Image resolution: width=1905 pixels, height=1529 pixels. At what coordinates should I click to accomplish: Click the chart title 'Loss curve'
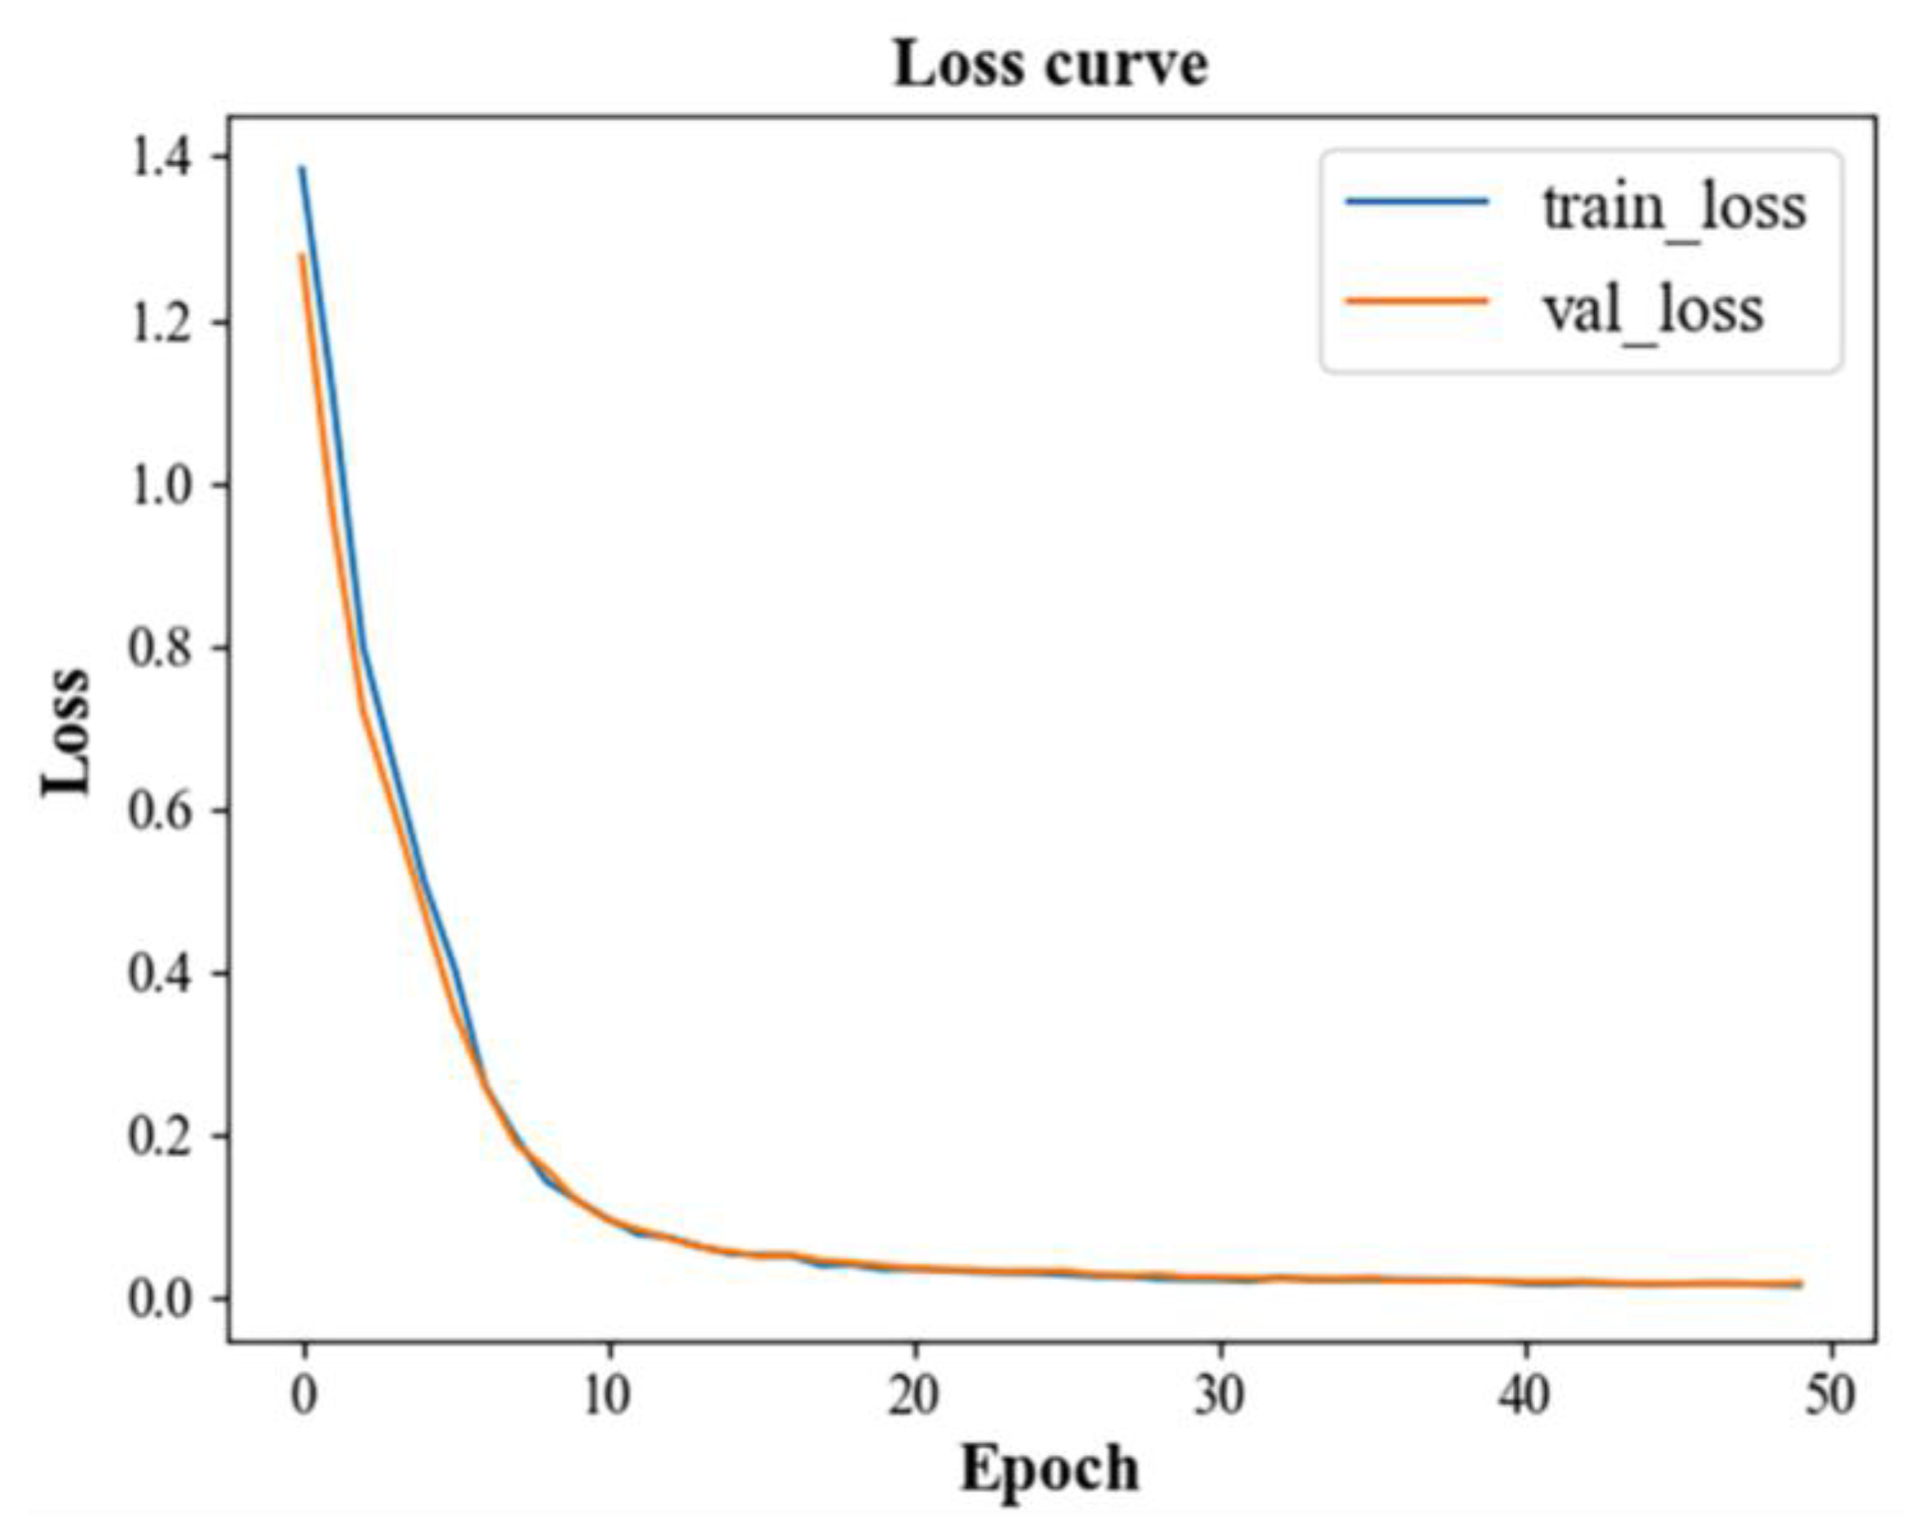tap(1050, 66)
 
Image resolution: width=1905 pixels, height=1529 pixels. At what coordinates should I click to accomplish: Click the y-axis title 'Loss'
tap(67, 731)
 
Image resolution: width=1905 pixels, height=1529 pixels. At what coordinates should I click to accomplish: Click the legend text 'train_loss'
tap(1674, 208)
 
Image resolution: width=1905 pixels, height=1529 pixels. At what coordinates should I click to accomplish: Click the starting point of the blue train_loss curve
tap(303, 167)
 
